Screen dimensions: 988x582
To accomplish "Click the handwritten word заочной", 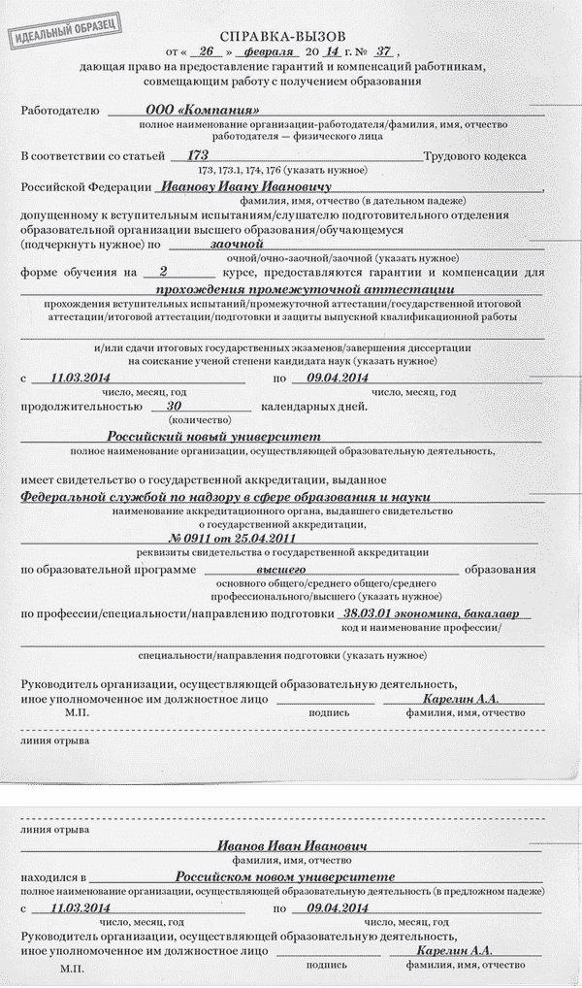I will (x=237, y=247).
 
